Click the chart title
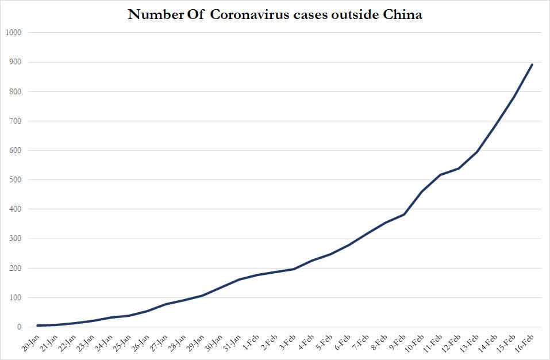(x=275, y=15)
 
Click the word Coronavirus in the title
(x=245, y=15)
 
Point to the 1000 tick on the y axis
(x=13, y=33)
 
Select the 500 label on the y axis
(x=14, y=180)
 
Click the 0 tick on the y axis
(x=19, y=327)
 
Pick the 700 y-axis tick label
(x=14, y=121)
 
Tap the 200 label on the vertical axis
(x=14, y=269)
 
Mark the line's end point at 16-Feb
(x=532, y=64)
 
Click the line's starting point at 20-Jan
(x=38, y=325)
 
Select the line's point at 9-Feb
(x=404, y=215)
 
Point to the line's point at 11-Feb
(x=441, y=175)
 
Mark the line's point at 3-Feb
(x=294, y=269)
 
